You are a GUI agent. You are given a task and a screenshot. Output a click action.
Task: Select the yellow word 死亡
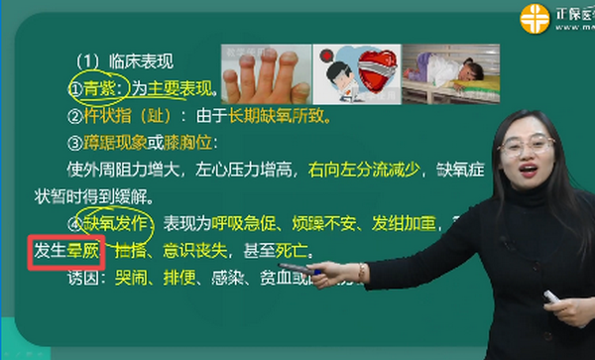coord(297,248)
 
